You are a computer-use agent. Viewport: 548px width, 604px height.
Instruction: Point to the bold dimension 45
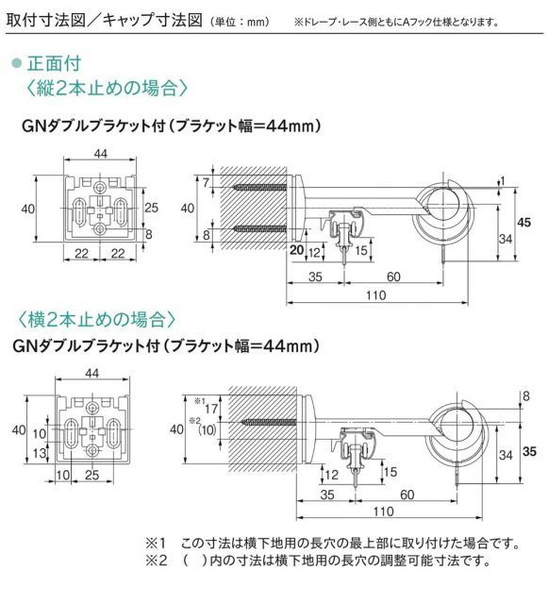tap(525, 222)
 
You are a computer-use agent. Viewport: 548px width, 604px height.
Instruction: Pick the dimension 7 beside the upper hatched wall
tap(205, 180)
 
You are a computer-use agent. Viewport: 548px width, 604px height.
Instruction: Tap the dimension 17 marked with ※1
tap(208, 410)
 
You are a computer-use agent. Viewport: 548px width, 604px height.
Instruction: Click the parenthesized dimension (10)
tap(208, 430)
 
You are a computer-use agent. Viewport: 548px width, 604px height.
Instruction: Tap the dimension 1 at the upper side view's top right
tap(504, 181)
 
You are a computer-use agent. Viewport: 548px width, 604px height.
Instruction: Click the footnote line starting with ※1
tap(331, 544)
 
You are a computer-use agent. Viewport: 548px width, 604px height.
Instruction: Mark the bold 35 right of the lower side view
tap(528, 452)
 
